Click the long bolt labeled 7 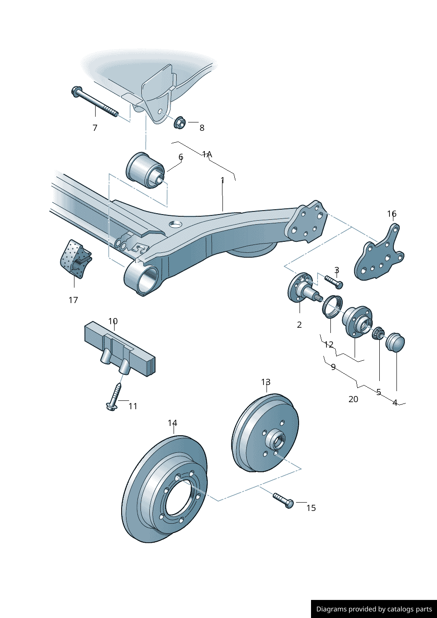click(x=94, y=102)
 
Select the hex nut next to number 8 click(x=180, y=122)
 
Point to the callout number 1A click(x=207, y=154)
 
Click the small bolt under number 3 click(x=333, y=281)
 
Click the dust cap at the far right click(x=395, y=343)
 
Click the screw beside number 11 click(x=115, y=396)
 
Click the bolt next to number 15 click(x=283, y=500)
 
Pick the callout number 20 click(x=353, y=399)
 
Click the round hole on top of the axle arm click(x=175, y=224)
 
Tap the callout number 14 click(x=172, y=423)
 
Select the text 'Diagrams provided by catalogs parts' click(x=374, y=609)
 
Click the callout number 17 click(x=73, y=300)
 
